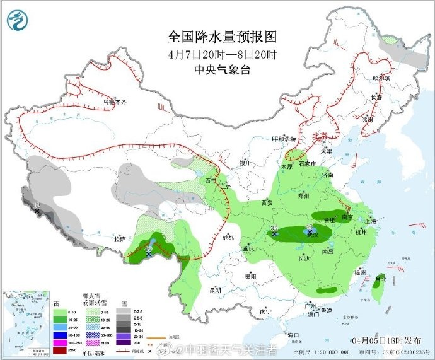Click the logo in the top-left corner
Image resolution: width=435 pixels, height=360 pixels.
[x=18, y=20]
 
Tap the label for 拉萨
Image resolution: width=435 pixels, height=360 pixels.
[x=120, y=240]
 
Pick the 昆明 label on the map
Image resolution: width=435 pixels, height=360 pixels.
[x=214, y=291]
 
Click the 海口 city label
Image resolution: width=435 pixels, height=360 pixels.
[x=291, y=334]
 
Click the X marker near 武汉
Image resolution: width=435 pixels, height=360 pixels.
[x=309, y=233]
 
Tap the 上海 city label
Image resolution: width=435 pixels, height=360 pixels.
[x=371, y=221]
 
